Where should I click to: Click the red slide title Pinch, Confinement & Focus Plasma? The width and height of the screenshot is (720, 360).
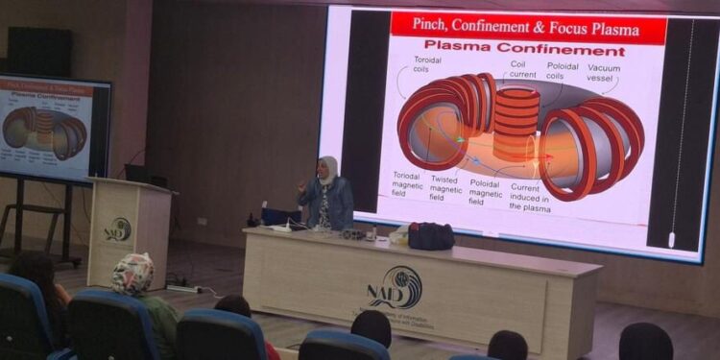click(528, 26)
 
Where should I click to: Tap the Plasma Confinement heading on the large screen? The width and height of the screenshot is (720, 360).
click(524, 49)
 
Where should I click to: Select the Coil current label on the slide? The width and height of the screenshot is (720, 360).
click(524, 69)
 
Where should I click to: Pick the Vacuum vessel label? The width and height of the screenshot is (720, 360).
click(605, 73)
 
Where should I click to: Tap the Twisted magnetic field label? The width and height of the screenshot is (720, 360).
click(444, 185)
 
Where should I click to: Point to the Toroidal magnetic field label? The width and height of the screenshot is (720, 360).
click(406, 185)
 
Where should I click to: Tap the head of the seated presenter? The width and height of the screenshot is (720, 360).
click(328, 169)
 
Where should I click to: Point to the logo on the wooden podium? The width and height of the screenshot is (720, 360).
click(119, 229)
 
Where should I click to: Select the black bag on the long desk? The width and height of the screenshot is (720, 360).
click(431, 235)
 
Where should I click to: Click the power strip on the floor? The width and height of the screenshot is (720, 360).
click(181, 287)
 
